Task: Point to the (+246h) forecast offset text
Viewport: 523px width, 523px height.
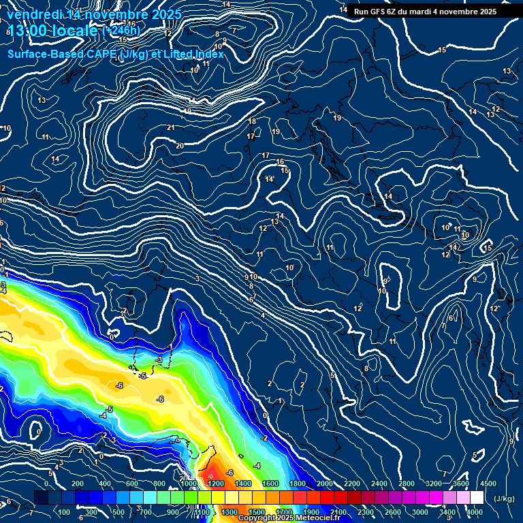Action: coord(121,31)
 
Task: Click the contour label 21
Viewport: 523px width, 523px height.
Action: coord(171,128)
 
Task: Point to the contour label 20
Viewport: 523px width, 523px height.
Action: coord(180,146)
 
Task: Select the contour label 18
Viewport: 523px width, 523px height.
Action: coord(252,121)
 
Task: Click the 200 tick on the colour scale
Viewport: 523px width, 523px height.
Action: coord(77,484)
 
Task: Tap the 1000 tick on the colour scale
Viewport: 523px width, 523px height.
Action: coord(189,484)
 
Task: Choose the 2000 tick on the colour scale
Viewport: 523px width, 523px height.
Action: coord(324,484)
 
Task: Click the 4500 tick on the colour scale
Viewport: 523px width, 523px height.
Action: coord(488,484)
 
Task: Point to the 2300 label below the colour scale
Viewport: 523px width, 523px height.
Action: coord(366,512)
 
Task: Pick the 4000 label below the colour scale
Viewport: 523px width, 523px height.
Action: coord(475,512)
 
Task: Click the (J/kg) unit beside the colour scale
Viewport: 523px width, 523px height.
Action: coord(504,498)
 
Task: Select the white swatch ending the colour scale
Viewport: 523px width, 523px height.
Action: coord(477,498)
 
